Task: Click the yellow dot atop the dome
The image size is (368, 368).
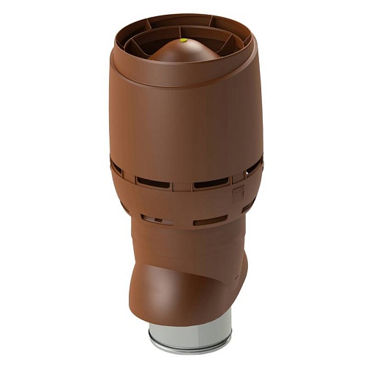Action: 183,41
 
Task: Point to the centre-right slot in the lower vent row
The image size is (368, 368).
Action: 208,221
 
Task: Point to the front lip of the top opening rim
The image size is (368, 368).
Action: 184,77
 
